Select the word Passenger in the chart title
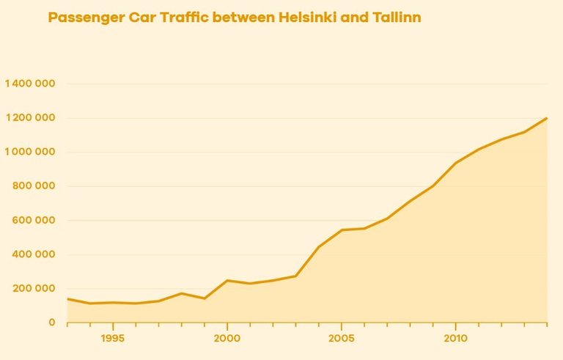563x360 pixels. (83, 17)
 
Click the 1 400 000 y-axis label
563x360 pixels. (30, 84)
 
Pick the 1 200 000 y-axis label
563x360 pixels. (30, 118)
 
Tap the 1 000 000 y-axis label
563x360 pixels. (30, 152)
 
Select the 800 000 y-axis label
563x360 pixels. (35, 186)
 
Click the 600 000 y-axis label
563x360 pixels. (35, 220)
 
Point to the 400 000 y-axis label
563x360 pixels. (35, 254)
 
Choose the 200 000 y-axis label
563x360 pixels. (35, 288)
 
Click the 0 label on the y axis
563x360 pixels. (51, 323)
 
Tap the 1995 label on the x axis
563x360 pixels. (113, 339)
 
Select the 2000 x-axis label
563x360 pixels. (227, 339)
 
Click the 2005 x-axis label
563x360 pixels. (341, 339)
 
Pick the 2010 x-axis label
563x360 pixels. (455, 339)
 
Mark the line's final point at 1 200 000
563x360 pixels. (546, 118)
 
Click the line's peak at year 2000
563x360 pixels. (227, 280)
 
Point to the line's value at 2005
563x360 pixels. (341, 230)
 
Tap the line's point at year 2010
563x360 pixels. (455, 163)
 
